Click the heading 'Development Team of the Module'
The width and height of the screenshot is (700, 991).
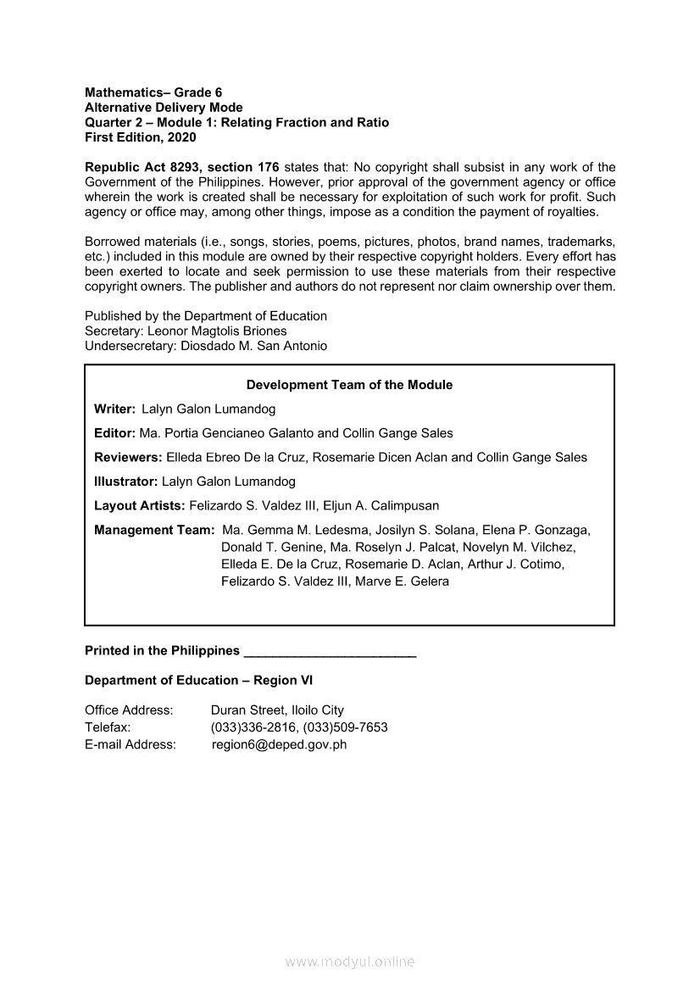(349, 385)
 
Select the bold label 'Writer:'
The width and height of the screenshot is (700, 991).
(114, 409)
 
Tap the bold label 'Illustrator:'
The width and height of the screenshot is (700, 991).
(125, 482)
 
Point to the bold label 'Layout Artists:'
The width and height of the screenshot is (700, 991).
(139, 506)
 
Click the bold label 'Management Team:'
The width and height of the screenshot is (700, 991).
(154, 530)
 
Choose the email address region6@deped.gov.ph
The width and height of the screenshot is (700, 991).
(279, 745)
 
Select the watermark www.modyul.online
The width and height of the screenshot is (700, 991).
(350, 962)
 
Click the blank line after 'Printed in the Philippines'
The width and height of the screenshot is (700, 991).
(329, 652)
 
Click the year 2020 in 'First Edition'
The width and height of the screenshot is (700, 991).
(181, 137)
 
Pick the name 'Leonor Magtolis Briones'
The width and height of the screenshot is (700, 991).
(217, 331)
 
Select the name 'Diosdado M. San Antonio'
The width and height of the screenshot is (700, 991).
(254, 346)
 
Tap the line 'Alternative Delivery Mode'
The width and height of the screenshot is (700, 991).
(164, 108)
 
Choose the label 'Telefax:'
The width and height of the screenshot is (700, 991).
(108, 727)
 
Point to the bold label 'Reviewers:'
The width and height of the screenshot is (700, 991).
(128, 458)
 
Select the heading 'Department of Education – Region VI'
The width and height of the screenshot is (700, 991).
(199, 681)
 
